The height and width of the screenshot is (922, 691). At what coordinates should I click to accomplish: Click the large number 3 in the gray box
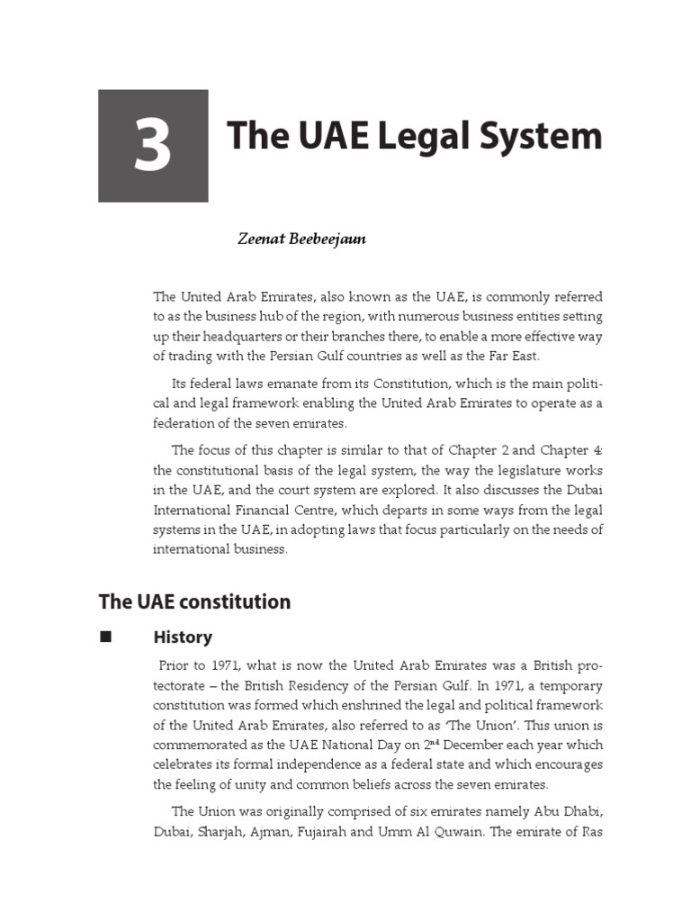[x=153, y=147]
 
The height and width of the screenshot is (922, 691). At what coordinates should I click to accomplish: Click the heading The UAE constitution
[x=194, y=601]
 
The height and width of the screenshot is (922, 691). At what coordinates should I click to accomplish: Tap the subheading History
[x=183, y=637]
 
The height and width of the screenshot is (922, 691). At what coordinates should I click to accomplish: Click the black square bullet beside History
[x=104, y=637]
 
